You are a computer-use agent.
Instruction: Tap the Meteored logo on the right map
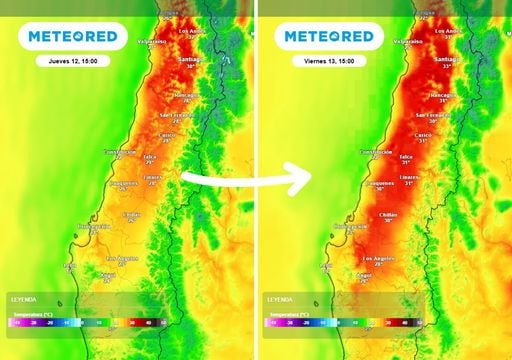pos(329,37)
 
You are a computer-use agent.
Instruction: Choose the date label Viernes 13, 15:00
pos(329,61)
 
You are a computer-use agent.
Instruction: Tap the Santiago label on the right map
pos(442,59)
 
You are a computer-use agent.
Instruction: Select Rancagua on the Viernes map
pos(439,95)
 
